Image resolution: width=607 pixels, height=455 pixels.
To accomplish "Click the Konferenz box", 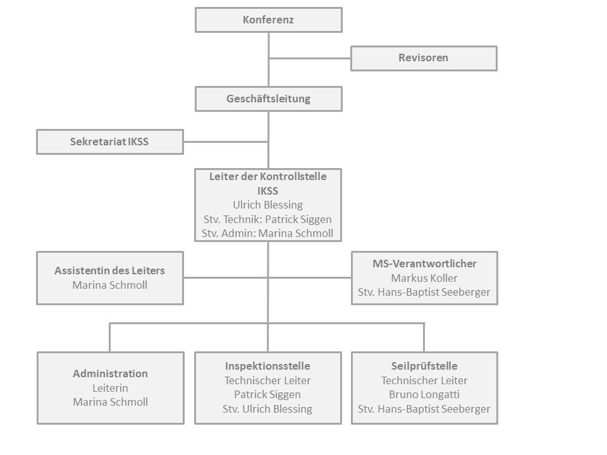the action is (269, 20).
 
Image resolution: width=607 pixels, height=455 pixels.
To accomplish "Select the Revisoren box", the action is (424, 58).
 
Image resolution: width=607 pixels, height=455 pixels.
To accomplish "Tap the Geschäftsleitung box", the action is (269, 99).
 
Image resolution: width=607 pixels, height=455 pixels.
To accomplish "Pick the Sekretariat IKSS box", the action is (110, 142).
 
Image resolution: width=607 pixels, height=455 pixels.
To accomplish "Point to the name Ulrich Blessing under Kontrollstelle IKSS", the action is (268, 205).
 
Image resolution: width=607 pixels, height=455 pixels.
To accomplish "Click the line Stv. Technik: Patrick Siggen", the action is (268, 219).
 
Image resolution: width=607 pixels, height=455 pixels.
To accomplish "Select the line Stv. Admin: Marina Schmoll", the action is (267, 233).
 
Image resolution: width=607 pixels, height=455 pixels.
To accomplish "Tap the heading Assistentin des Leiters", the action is (109, 270).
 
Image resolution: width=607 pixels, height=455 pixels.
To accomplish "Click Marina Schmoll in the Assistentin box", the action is (110, 285).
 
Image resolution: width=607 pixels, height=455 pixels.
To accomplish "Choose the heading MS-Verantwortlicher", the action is (424, 264).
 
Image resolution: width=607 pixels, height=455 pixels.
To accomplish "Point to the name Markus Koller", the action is (424, 278).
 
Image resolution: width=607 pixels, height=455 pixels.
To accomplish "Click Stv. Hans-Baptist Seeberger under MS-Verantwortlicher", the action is (424, 292).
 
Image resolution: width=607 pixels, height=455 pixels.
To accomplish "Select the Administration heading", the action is (110, 373).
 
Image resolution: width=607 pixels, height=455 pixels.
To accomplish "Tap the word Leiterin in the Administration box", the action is (110, 387).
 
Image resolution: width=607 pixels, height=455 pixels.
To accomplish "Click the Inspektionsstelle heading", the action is (267, 366).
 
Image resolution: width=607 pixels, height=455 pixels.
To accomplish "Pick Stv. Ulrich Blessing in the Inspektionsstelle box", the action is (267, 409).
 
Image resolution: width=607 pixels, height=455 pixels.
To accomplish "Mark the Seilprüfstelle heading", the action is (424, 366).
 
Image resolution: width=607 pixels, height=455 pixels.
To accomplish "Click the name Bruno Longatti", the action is (424, 394).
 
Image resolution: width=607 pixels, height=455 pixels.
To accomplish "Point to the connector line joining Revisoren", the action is (310, 58).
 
